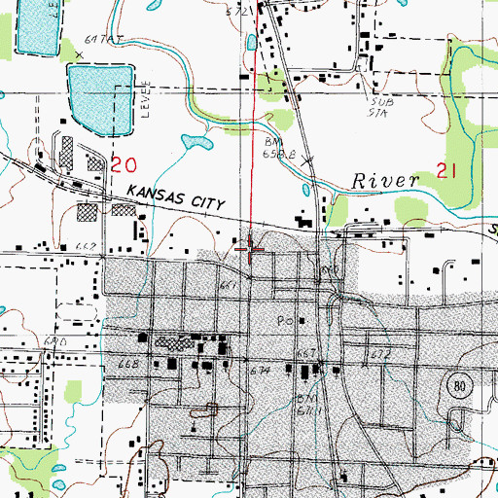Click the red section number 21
coord(447,171)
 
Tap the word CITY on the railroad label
coord(209,203)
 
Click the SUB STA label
coord(380,105)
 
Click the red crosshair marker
coord(254,250)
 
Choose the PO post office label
coord(285,320)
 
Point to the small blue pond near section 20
coord(196,144)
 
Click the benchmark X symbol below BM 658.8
coord(308,160)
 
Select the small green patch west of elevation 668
coord(71,390)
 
